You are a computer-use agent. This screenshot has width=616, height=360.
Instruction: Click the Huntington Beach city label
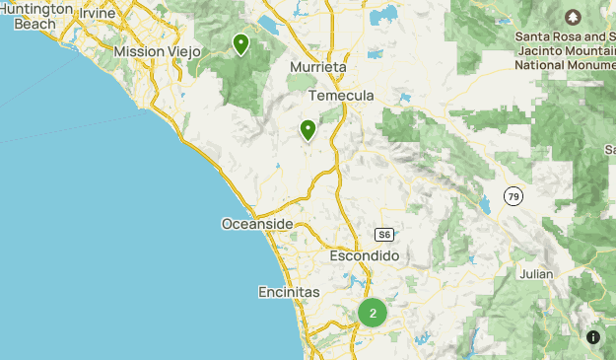[37, 15]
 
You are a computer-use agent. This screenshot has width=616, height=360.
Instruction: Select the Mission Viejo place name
[158, 51]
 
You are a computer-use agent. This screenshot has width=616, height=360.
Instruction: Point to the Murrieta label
[318, 67]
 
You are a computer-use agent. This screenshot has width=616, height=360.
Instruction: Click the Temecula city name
[341, 96]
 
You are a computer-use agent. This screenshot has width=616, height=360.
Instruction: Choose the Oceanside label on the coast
[257, 225]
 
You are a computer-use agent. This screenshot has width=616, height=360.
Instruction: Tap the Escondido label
[364, 255]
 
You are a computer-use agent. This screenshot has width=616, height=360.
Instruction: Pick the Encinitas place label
[289, 293]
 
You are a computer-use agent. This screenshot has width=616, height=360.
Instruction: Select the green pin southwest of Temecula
[308, 129]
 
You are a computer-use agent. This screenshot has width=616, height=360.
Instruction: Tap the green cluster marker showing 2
[373, 313]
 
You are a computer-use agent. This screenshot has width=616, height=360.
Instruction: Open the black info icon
[593, 337]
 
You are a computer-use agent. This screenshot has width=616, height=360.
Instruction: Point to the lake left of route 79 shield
[485, 207]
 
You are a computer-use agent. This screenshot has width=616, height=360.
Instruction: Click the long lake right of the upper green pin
[267, 23]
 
